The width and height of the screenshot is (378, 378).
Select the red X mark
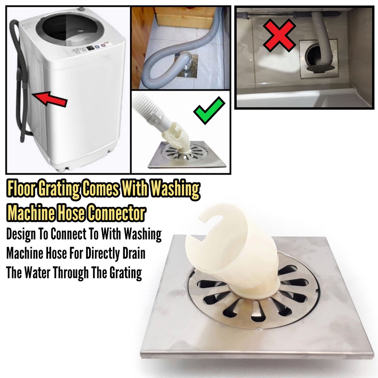tap(279, 35)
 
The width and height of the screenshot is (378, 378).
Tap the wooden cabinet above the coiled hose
tap(185, 17)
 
